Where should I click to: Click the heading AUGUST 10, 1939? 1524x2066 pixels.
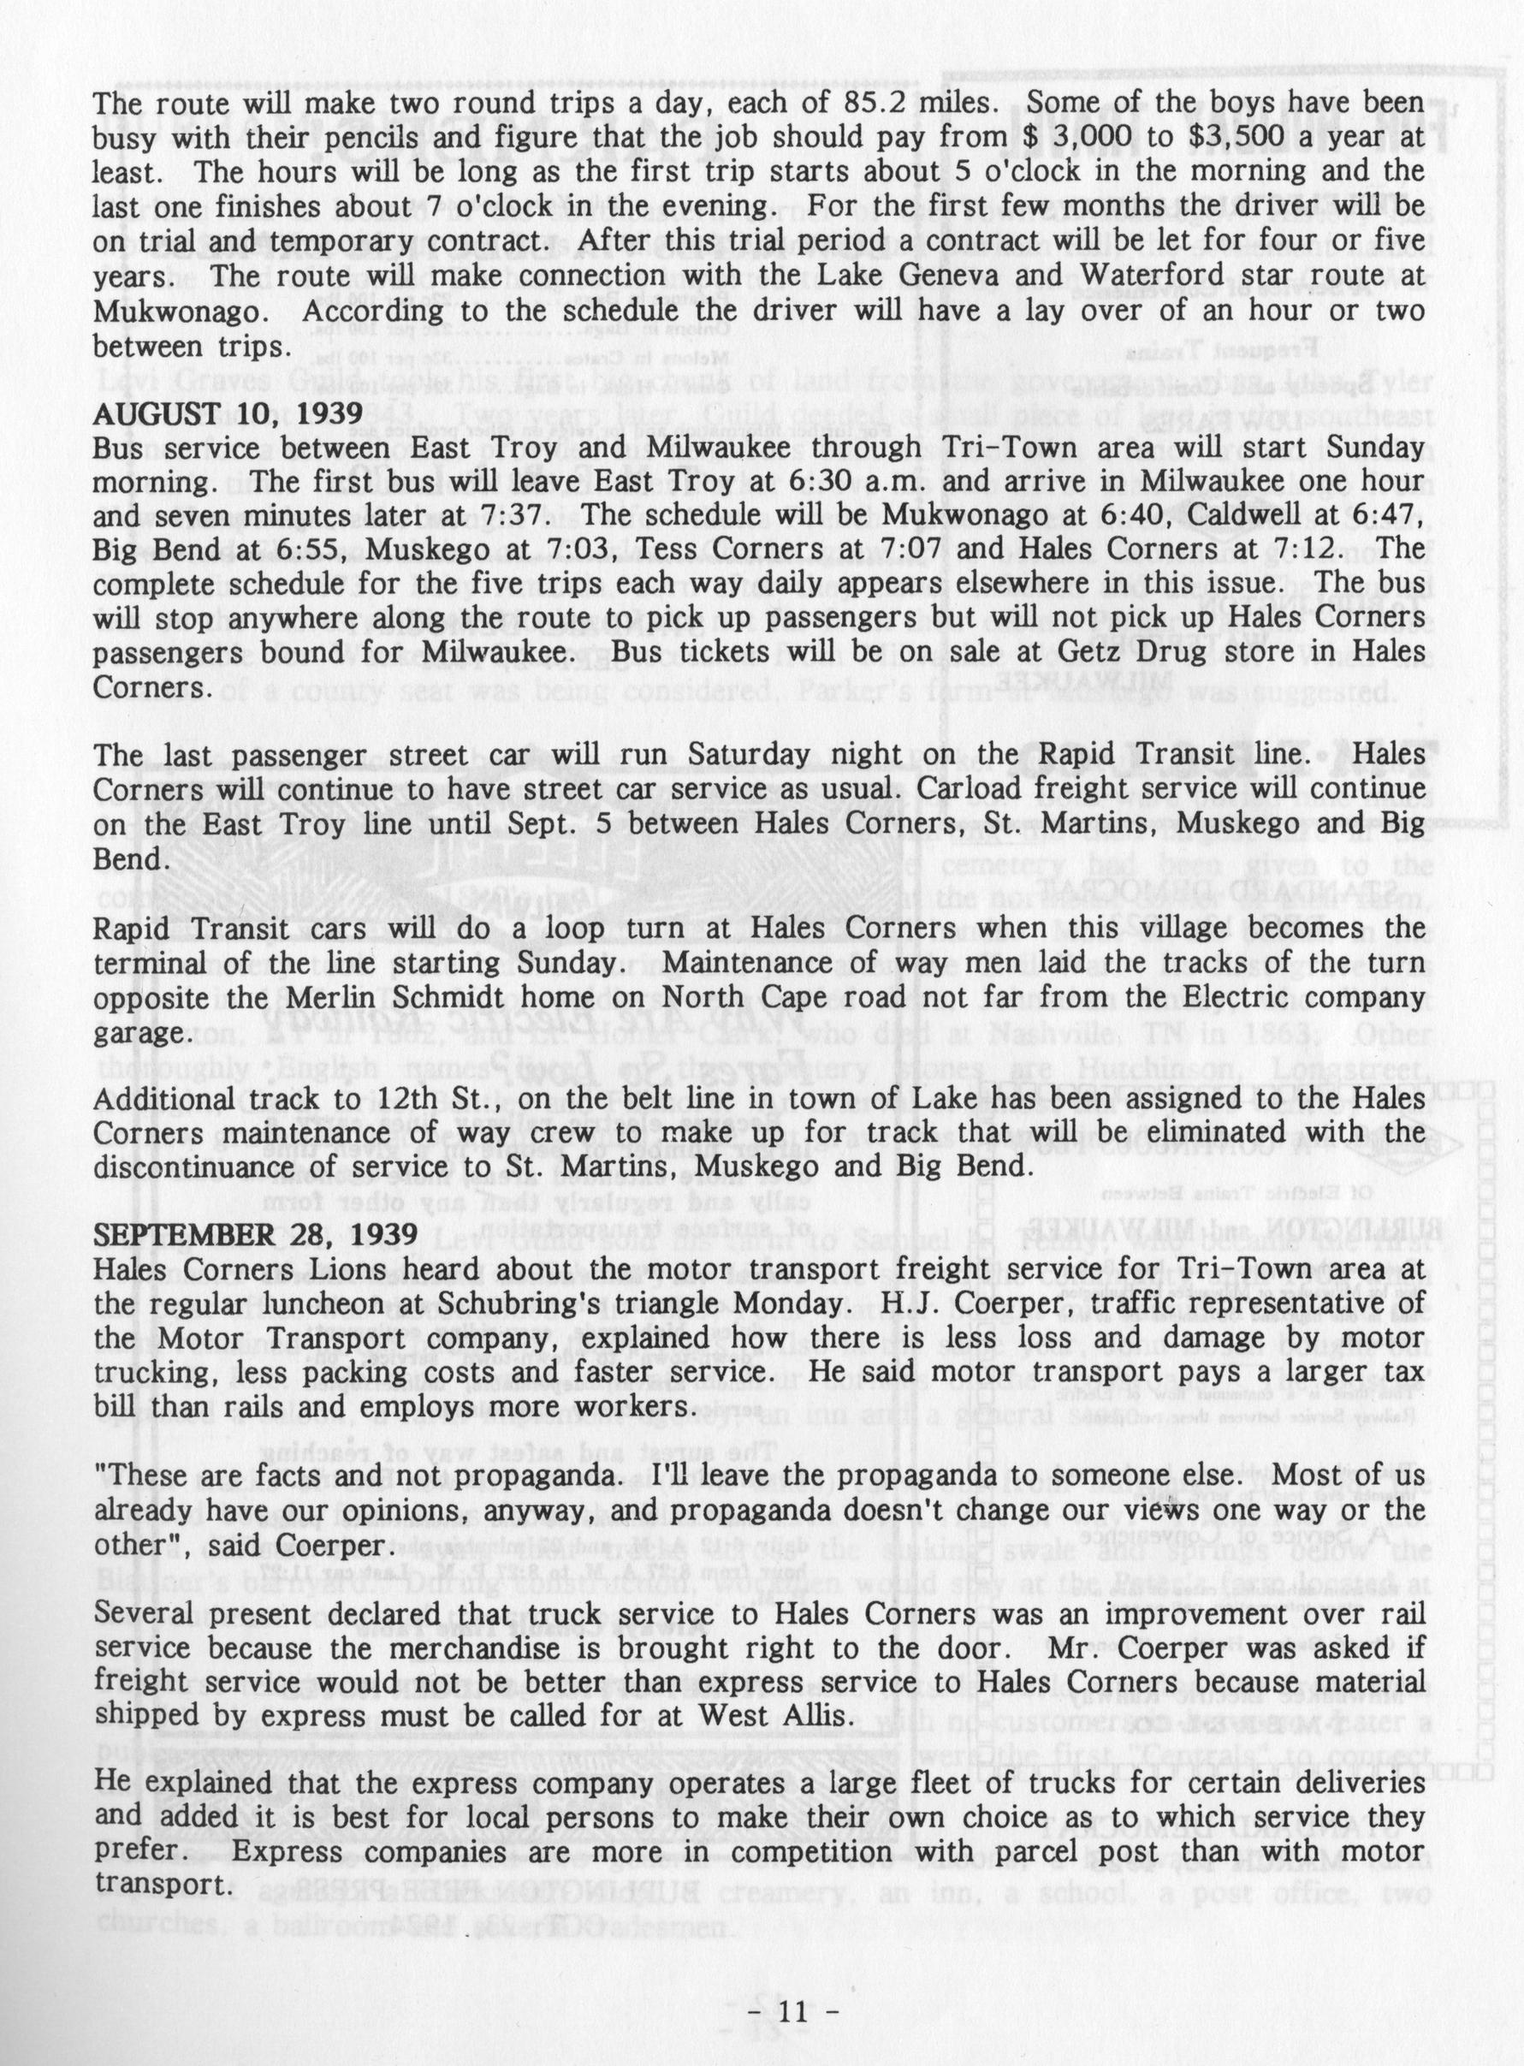click(226, 415)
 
